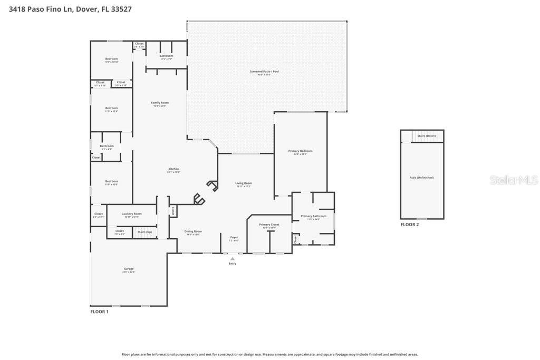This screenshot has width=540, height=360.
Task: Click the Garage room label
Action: [x=129, y=269]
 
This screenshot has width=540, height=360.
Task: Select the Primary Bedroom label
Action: [x=300, y=151]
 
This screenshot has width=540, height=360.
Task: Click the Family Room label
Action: [x=159, y=103]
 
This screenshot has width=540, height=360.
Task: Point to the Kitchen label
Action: [x=173, y=169]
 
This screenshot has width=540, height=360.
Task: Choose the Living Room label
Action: [x=243, y=183]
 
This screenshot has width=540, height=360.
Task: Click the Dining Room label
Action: [x=193, y=231]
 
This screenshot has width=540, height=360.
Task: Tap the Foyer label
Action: [x=234, y=237]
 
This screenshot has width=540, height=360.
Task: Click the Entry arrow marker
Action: [x=233, y=258]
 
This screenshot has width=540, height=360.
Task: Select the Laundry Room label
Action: [x=131, y=214]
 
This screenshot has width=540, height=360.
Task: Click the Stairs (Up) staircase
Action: [x=145, y=232]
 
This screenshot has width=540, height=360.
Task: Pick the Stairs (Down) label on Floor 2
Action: [x=427, y=136]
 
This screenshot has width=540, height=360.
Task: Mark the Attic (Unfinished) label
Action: [x=421, y=178]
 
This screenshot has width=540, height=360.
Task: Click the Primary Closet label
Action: [x=269, y=225]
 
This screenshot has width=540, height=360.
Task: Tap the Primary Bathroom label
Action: [x=313, y=216]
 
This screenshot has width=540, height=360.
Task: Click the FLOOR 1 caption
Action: [x=99, y=312]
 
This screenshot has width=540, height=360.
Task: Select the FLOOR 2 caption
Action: [x=409, y=225]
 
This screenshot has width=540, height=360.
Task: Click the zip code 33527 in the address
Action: [x=121, y=9]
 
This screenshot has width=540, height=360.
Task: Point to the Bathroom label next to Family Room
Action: [x=166, y=56]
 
